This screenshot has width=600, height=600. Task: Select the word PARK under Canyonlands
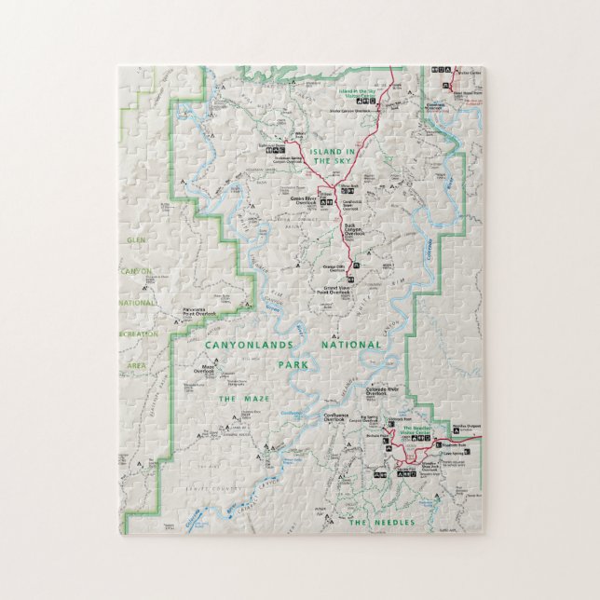(x=293, y=364)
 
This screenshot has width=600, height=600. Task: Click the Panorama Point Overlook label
(x=200, y=313)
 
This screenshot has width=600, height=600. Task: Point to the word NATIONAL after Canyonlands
(x=352, y=345)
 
